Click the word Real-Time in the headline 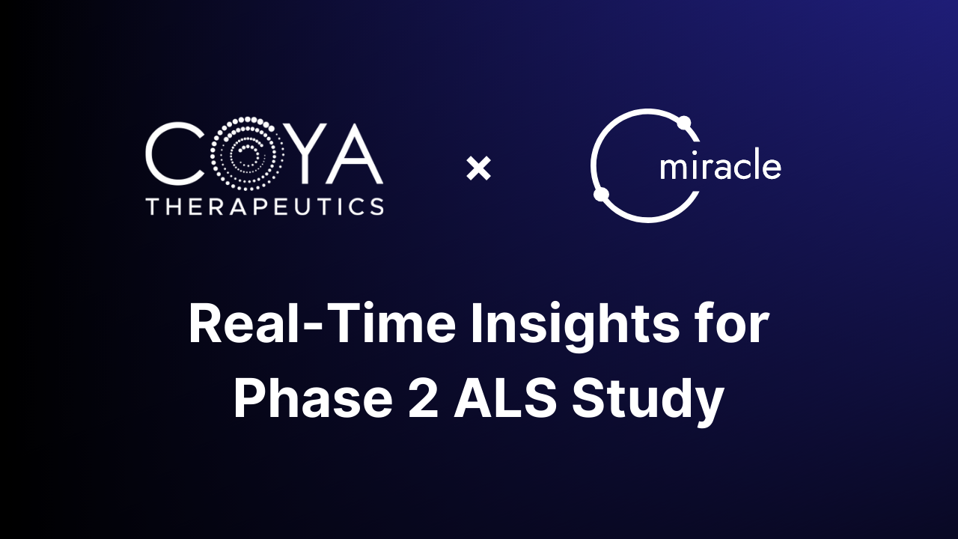[x=321, y=325]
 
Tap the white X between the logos [x=478, y=168]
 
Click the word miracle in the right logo [x=720, y=166]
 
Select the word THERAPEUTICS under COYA [x=265, y=207]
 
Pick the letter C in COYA [x=173, y=156]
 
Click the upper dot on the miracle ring [x=683, y=122]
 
